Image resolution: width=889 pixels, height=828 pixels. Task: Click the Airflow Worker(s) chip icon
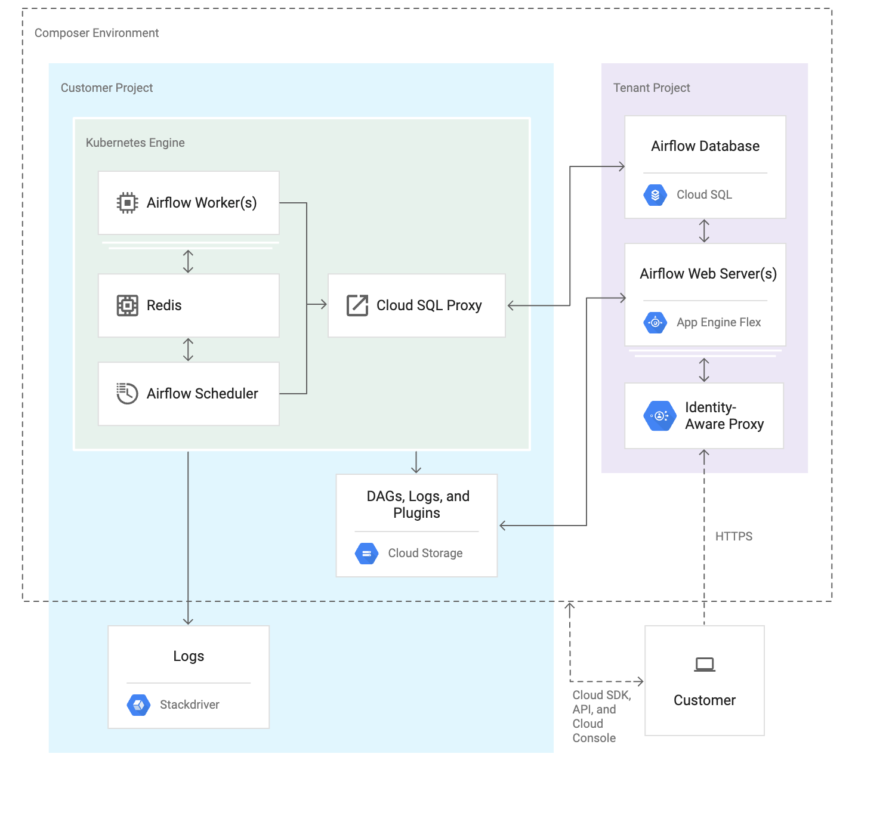127,203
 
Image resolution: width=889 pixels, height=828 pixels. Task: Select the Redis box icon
127,305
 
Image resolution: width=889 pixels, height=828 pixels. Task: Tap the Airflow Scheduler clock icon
127,394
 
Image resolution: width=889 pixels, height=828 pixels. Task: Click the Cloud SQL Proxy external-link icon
357,305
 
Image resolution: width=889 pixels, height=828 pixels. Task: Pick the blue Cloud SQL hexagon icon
655,195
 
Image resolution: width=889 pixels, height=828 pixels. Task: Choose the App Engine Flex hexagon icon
655,323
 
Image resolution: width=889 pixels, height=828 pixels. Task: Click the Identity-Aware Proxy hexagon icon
660,416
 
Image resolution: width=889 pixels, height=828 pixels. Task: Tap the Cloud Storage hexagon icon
366,554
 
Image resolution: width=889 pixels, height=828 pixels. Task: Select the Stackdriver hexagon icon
138,705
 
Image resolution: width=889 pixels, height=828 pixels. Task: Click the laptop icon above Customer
705,665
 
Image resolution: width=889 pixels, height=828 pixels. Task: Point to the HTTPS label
733,536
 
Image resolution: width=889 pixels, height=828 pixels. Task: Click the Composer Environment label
97,33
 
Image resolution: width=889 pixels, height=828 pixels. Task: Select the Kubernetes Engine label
135,143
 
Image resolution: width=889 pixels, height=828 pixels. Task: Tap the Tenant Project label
652,88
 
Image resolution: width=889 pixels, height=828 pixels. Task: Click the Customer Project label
107,88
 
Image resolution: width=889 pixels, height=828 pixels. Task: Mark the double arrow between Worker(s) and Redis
188,261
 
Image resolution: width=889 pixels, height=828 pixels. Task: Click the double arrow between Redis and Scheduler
188,350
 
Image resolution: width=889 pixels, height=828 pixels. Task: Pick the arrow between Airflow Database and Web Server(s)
704,231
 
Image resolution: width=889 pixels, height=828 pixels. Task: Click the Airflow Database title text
705,146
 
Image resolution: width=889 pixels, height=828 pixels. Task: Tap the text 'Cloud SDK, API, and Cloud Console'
601,716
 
